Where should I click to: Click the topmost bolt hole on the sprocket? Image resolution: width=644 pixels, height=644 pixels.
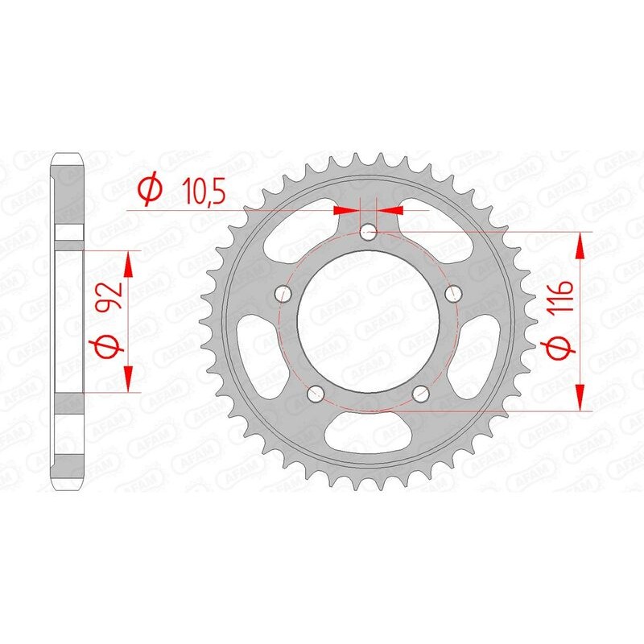369,233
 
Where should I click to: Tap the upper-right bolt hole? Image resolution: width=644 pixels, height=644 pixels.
456,293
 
